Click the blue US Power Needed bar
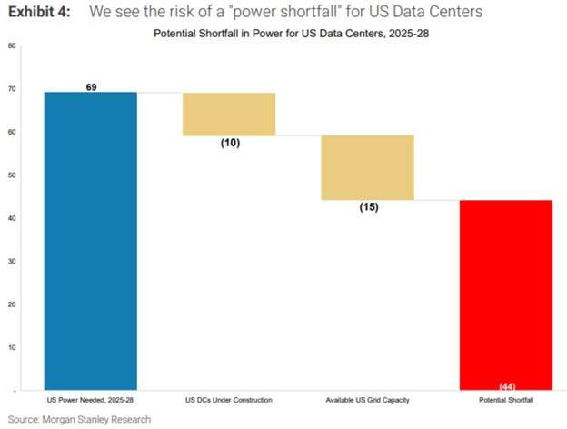click(x=91, y=241)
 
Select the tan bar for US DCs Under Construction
click(x=230, y=114)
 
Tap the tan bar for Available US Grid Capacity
click(x=368, y=167)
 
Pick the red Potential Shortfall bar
click(x=507, y=295)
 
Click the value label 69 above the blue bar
click(x=92, y=87)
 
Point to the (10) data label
click(x=230, y=143)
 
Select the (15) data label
click(x=368, y=207)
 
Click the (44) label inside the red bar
click(x=507, y=386)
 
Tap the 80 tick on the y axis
click(x=12, y=46)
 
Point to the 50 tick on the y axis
click(x=12, y=175)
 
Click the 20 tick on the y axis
click(x=12, y=304)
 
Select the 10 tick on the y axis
click(x=12, y=347)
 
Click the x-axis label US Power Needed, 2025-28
click(x=91, y=400)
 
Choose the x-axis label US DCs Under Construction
click(x=230, y=400)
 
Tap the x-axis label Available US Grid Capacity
click(x=368, y=400)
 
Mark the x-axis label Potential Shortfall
click(x=507, y=400)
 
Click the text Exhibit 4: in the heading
click(x=37, y=12)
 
